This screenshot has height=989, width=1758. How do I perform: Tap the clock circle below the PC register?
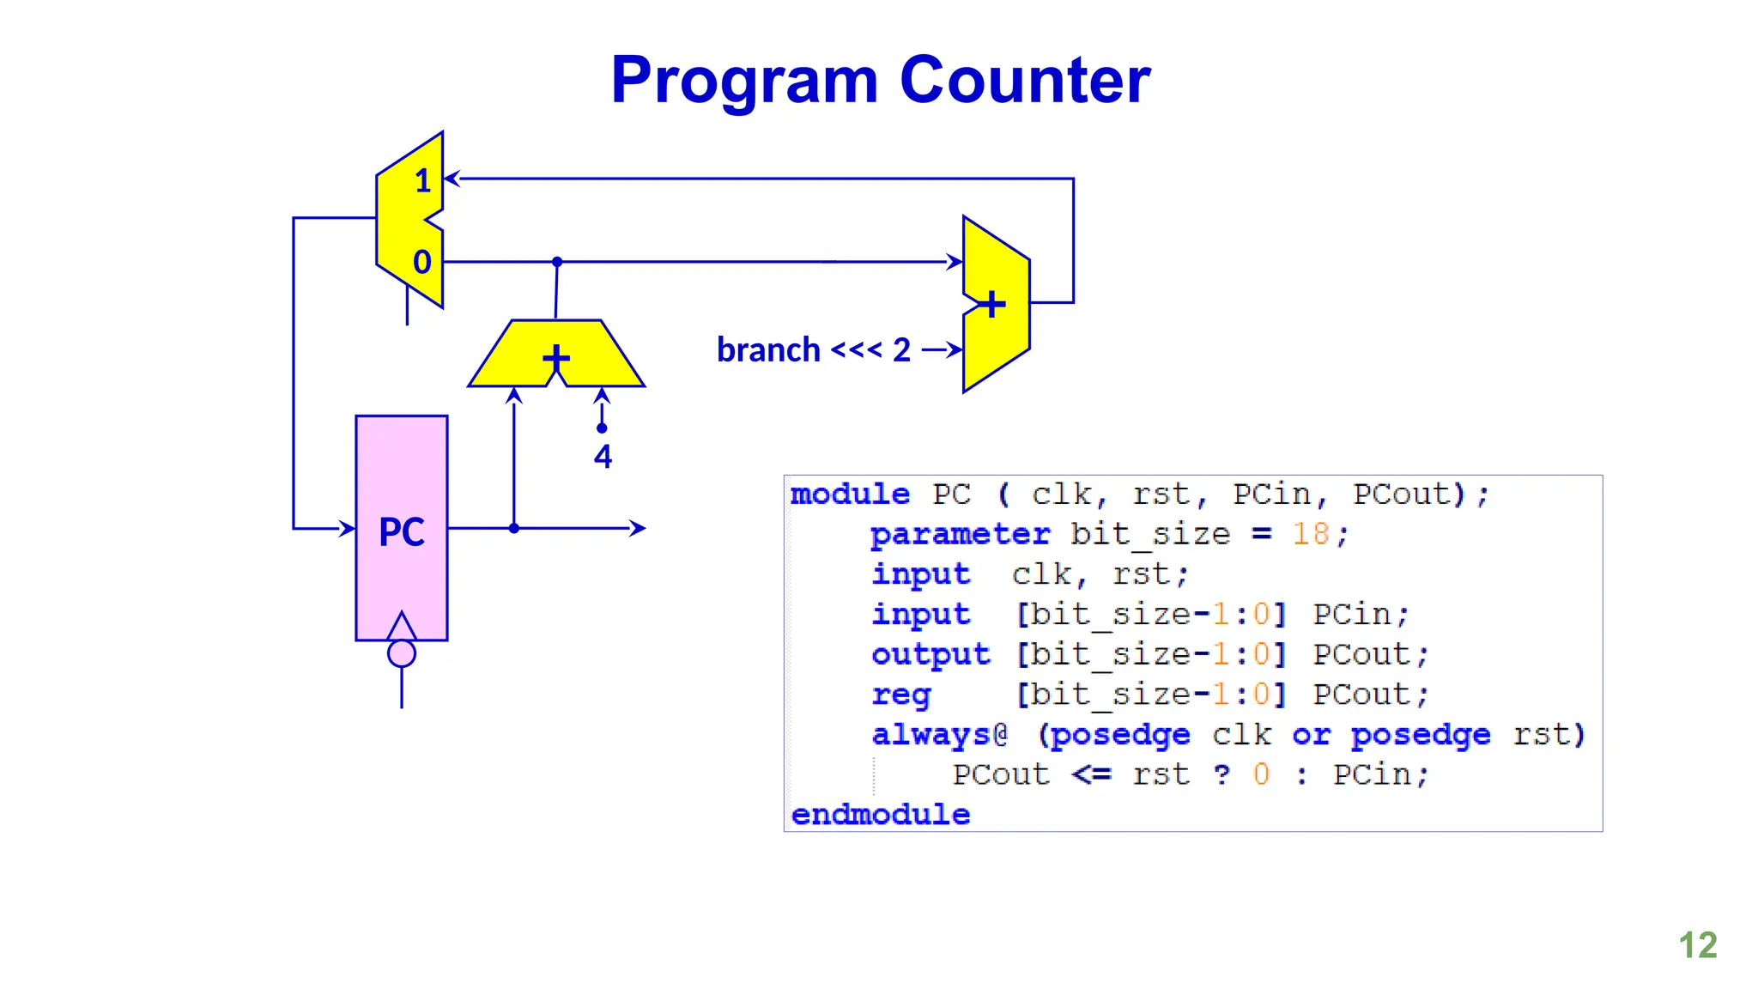point(401,654)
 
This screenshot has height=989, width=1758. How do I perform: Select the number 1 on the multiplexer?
point(422,181)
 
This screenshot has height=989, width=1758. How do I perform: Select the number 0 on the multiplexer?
point(421,262)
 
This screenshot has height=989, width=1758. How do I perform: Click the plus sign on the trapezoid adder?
point(556,357)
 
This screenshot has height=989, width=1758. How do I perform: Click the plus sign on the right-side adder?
point(992,304)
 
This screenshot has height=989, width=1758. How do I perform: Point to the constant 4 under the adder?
point(603,457)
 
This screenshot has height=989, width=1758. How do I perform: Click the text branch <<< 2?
point(813,350)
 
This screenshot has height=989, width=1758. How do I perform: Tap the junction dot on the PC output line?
point(513,528)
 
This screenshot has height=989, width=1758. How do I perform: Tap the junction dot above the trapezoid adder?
point(557,262)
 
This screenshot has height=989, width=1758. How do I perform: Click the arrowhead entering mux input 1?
point(452,179)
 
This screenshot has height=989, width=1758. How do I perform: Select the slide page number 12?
point(1697,945)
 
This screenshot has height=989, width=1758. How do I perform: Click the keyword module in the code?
point(849,494)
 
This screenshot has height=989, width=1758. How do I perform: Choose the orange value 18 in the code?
point(1310,534)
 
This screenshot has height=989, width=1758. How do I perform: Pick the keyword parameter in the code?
point(959,534)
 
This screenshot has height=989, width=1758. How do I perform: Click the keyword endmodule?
point(880,814)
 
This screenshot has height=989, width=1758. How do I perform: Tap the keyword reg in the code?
point(900,694)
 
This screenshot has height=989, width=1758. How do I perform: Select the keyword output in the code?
point(930,654)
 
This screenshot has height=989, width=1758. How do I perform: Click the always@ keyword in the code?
point(938,734)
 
